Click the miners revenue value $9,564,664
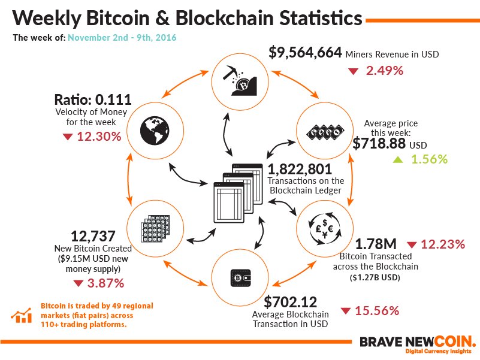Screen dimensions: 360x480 [305, 53]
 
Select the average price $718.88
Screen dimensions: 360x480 [379, 144]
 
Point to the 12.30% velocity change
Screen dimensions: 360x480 [99, 137]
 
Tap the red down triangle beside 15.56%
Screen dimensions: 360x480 [346, 311]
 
